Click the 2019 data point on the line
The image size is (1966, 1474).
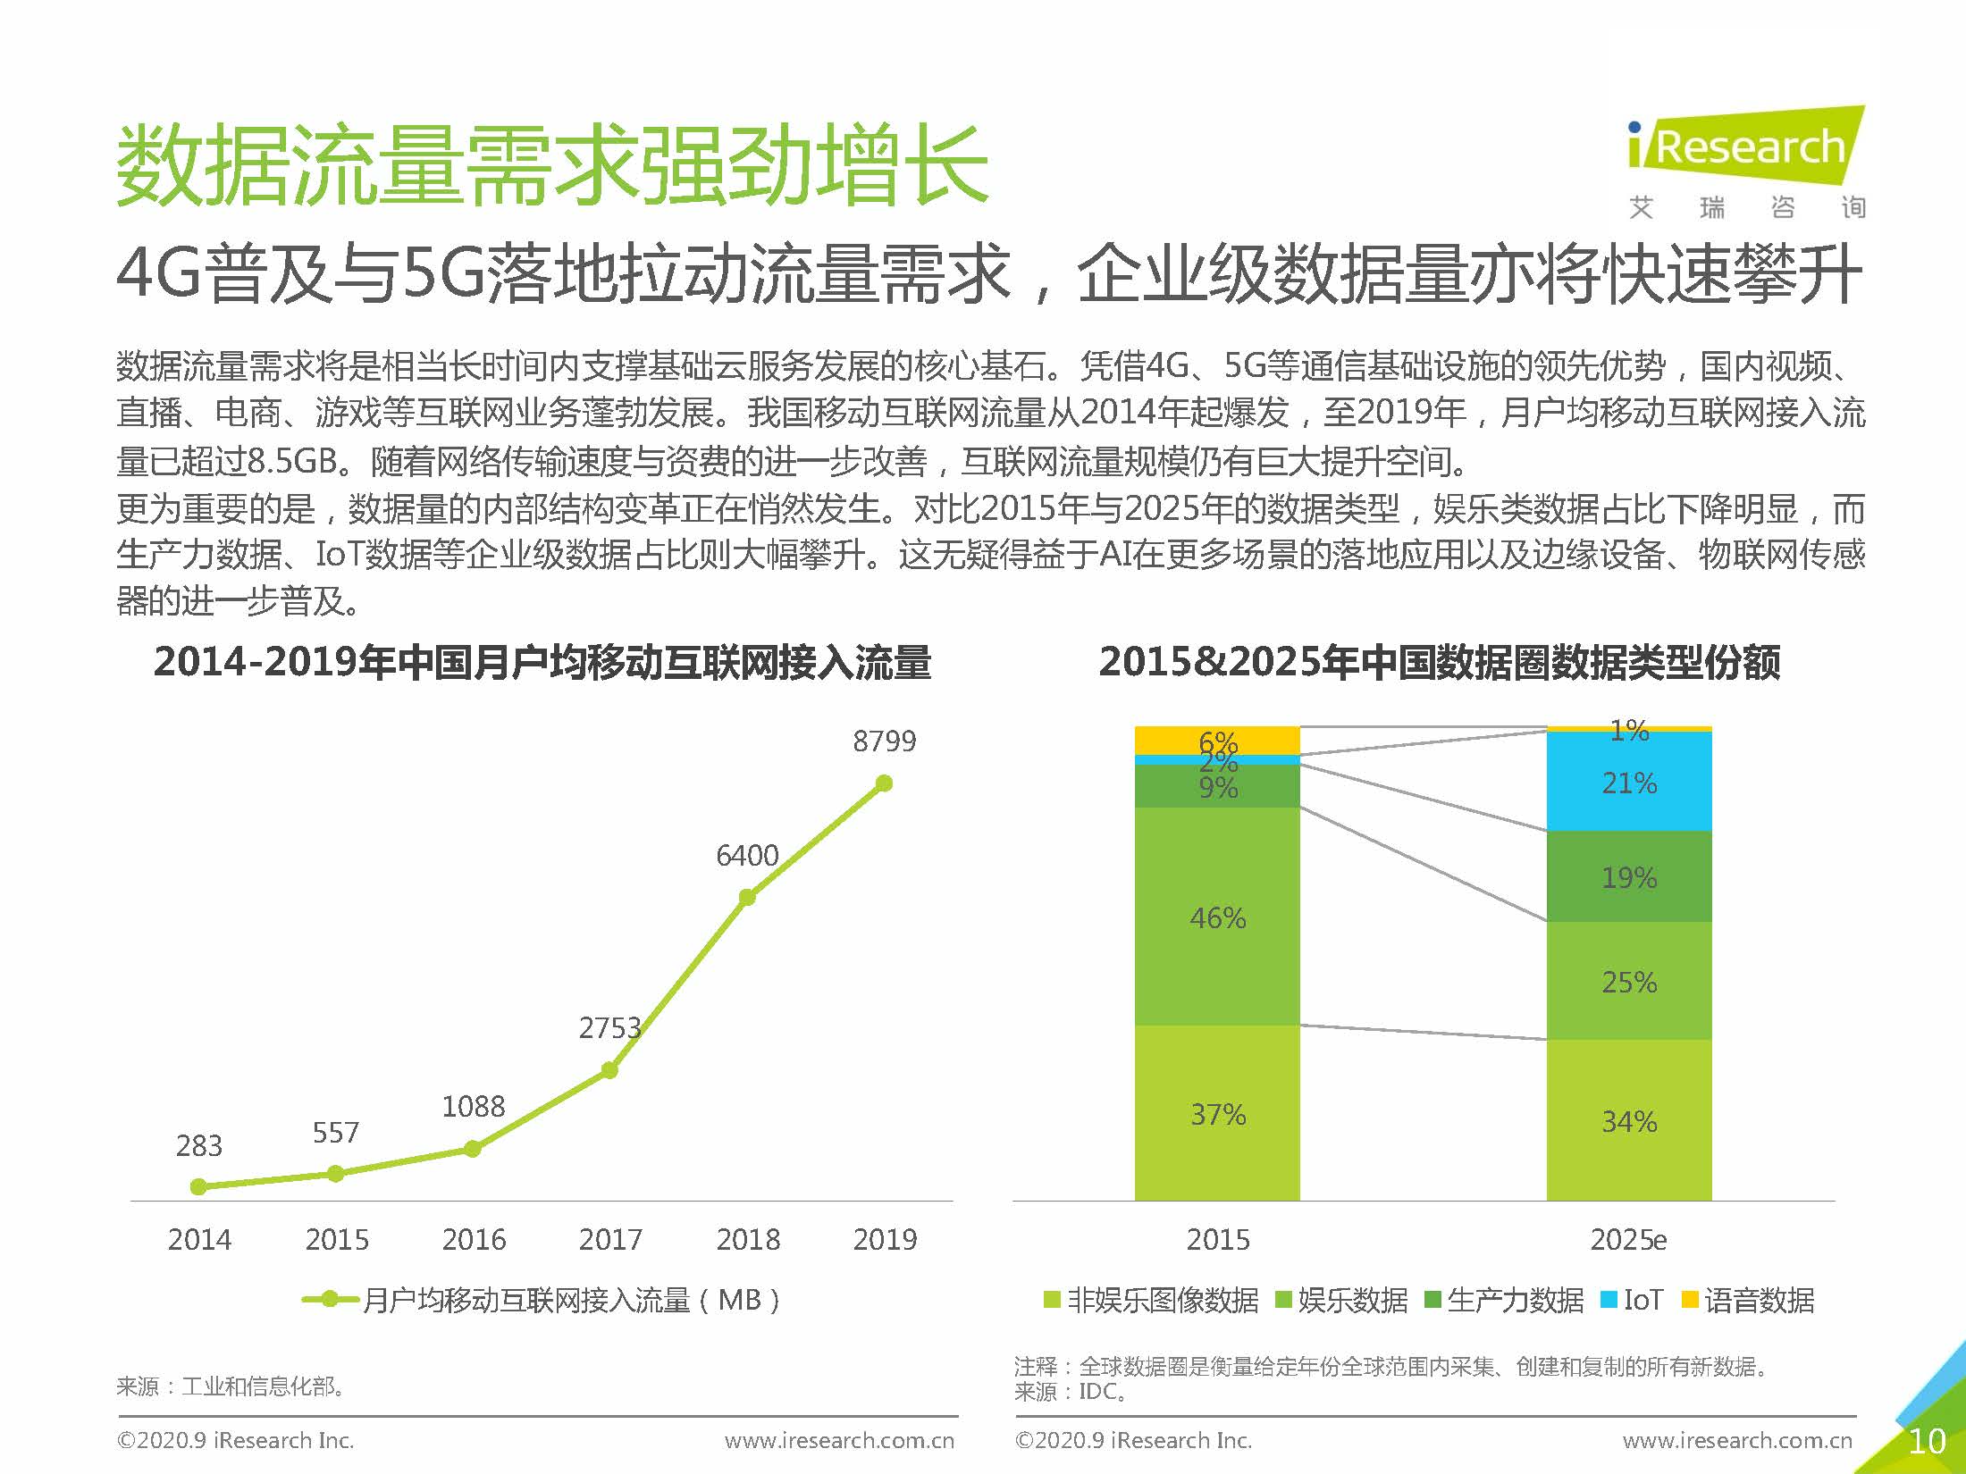pos(884,783)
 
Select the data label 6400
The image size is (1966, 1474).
pos(747,856)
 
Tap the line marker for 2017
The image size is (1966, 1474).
pos(609,1069)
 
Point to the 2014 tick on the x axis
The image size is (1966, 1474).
pos(199,1239)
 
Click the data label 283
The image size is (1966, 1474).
pos(198,1145)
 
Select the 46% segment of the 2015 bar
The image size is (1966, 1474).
pos(1217,917)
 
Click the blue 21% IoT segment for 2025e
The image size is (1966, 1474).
pos(1628,783)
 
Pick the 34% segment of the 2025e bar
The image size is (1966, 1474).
pos(1628,1120)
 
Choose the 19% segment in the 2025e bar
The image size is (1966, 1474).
pos(1628,877)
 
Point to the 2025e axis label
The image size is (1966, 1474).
pos(1628,1239)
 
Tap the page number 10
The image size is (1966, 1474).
pos(1927,1441)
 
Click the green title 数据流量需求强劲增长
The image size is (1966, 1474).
pos(552,166)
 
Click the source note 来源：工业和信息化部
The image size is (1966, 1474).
pos(231,1386)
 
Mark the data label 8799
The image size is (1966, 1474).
pos(884,741)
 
